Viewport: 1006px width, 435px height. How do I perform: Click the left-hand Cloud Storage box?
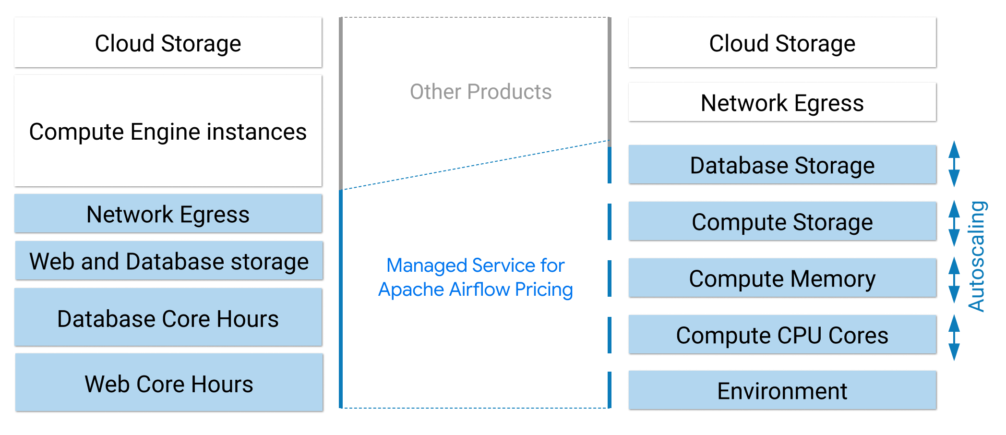coord(168,43)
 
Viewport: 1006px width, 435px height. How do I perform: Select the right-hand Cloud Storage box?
coord(782,43)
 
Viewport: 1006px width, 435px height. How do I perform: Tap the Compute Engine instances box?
coord(168,131)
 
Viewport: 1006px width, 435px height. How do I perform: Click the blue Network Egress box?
coord(168,214)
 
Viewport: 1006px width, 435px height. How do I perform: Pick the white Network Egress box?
coord(782,102)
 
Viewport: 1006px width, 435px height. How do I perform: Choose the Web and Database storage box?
coord(169,261)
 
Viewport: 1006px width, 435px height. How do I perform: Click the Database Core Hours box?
coord(168,317)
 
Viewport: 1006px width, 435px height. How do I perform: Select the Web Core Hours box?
coord(169,383)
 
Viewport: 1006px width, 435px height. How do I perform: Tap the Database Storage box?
coord(782,165)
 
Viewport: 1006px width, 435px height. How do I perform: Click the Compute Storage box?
coord(782,221)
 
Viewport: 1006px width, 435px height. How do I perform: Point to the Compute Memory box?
coord(782,278)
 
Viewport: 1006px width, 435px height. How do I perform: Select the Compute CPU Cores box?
coord(782,335)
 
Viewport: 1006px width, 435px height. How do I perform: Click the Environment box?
coord(782,390)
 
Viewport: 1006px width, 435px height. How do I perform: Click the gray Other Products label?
coord(480,92)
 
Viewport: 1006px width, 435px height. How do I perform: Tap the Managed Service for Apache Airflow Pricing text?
coord(475,278)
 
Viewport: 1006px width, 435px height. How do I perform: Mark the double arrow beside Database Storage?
coord(954,164)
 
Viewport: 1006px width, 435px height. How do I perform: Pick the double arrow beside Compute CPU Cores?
coord(954,338)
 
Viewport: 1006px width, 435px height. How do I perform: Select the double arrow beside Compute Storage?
coord(954,223)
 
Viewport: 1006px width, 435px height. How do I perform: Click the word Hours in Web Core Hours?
coord(222,384)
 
